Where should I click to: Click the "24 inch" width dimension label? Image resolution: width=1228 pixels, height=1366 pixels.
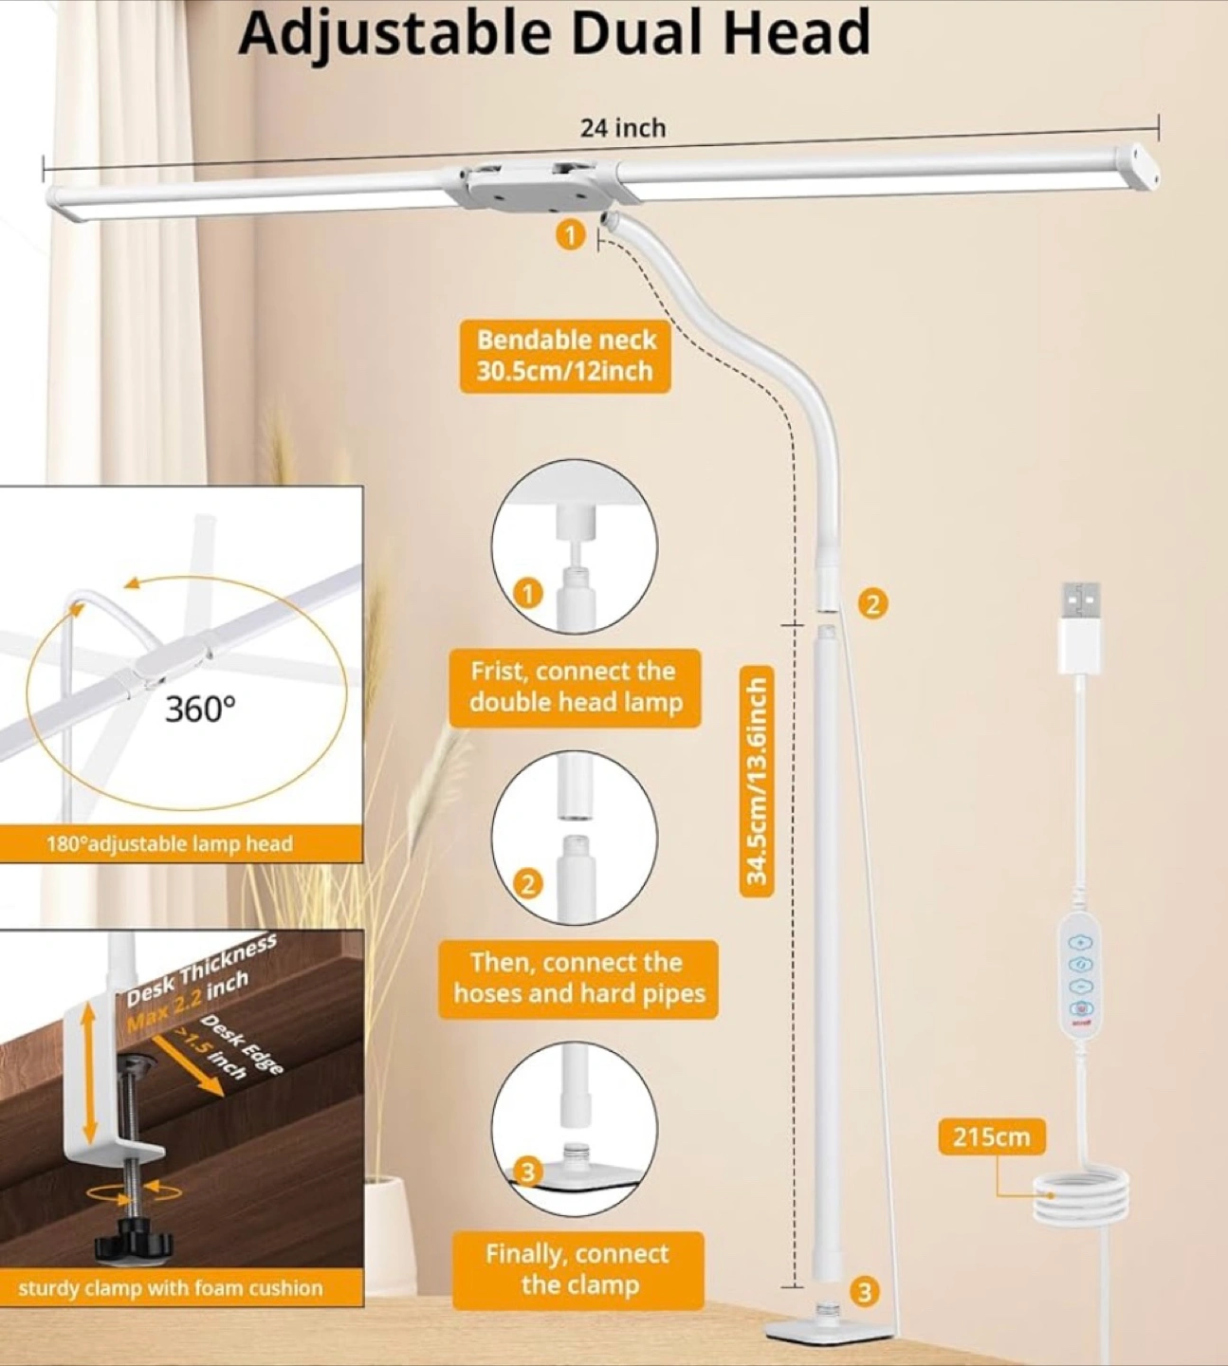click(x=623, y=128)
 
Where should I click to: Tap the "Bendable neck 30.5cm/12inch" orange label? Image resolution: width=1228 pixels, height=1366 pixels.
click(x=565, y=356)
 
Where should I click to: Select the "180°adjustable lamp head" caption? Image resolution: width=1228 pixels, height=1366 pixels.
click(x=170, y=843)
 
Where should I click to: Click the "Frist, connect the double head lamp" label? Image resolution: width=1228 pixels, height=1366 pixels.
click(x=574, y=687)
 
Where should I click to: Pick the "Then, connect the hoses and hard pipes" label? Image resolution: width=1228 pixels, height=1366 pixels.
click(x=578, y=979)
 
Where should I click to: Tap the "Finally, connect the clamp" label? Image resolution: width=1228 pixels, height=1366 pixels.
click(x=578, y=1271)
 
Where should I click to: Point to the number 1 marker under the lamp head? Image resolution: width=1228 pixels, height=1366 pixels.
click(x=571, y=236)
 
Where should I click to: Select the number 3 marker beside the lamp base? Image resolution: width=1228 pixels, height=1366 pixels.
click(x=863, y=1292)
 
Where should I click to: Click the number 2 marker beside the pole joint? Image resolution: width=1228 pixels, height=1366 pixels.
click(x=873, y=602)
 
